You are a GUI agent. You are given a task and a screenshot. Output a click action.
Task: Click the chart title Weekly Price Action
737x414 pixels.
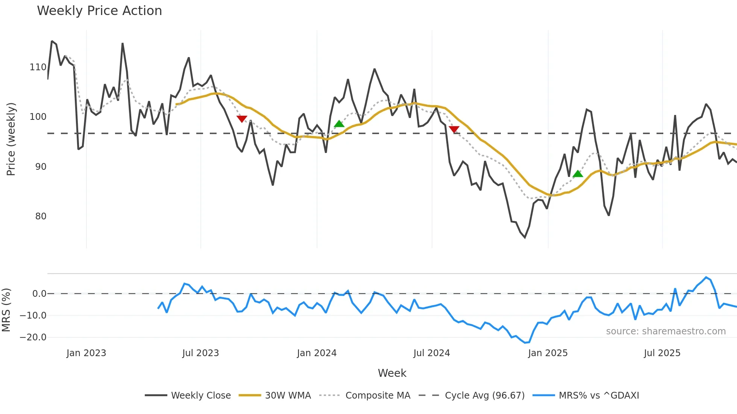[x=99, y=11]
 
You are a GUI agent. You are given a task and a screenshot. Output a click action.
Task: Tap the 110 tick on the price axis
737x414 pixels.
[x=38, y=67]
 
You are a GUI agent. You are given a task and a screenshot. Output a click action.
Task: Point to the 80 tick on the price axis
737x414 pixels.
[x=41, y=216]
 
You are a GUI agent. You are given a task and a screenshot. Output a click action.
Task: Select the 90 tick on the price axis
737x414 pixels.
[x=41, y=167]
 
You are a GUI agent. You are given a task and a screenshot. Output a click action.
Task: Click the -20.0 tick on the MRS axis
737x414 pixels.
[x=33, y=337]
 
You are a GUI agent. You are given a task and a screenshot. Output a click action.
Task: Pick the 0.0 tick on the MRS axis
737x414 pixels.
[x=39, y=294]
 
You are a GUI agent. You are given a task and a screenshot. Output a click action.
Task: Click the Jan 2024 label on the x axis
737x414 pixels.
[x=317, y=353]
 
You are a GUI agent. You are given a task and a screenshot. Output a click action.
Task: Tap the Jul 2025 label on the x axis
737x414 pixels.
[x=662, y=353]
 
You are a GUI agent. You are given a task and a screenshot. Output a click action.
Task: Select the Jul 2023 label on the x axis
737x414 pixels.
[x=200, y=353]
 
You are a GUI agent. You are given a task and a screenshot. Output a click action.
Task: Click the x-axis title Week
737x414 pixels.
[x=392, y=373]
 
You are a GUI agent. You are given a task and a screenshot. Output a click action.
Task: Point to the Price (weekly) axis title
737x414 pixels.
[x=11, y=139]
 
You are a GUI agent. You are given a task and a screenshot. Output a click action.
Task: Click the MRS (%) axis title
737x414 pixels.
[x=6, y=310]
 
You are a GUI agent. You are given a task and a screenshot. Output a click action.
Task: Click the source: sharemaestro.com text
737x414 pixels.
[x=666, y=331]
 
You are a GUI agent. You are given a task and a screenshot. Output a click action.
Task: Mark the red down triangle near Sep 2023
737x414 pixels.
[x=242, y=119]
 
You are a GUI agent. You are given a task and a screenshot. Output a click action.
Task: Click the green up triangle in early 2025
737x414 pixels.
[x=578, y=174]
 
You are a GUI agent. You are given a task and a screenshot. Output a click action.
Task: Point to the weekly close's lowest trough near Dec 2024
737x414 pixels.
[x=525, y=237]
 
